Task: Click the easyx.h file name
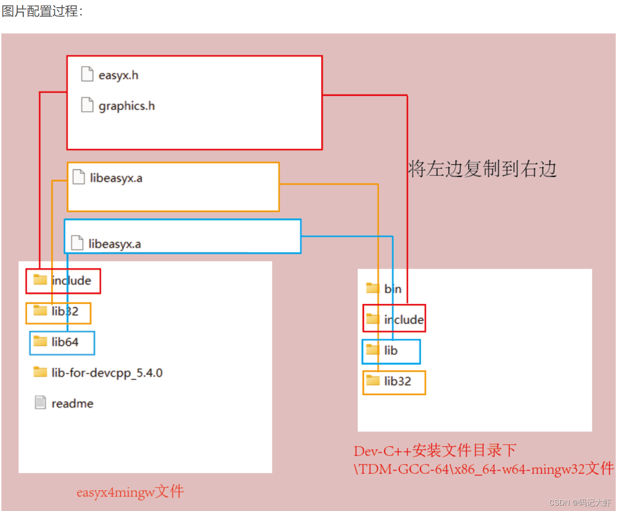118,75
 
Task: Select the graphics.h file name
127,106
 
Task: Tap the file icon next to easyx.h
87,74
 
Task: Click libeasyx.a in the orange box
116,178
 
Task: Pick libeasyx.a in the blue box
114,244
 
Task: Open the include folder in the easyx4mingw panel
71,281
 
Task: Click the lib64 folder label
65,342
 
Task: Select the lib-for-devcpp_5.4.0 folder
107,373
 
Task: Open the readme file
72,403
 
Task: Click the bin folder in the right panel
392,289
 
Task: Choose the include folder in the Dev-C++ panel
404,319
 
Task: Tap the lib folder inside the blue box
391,350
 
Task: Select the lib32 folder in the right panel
397,381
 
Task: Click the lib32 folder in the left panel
65,311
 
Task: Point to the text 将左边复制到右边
482,169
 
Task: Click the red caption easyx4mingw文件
130,492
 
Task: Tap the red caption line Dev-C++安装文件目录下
435,450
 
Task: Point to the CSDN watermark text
580,502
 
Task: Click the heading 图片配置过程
42,11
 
